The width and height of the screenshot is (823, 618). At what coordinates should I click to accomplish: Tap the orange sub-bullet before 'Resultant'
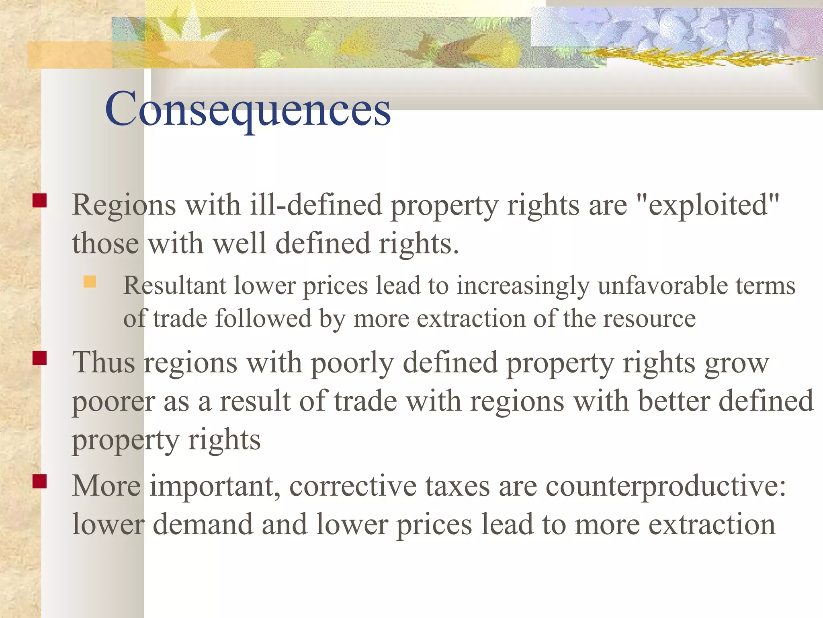coord(90,282)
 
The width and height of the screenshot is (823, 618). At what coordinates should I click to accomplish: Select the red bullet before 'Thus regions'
coord(40,358)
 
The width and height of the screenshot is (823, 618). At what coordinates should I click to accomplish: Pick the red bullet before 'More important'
coord(40,481)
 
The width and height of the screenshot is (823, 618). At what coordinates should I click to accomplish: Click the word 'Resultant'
coord(175,286)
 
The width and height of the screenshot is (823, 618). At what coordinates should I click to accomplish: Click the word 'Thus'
coord(104,363)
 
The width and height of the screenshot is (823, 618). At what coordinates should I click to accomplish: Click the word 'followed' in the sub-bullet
coord(264,319)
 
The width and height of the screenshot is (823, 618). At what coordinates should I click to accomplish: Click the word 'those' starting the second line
coord(105,243)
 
